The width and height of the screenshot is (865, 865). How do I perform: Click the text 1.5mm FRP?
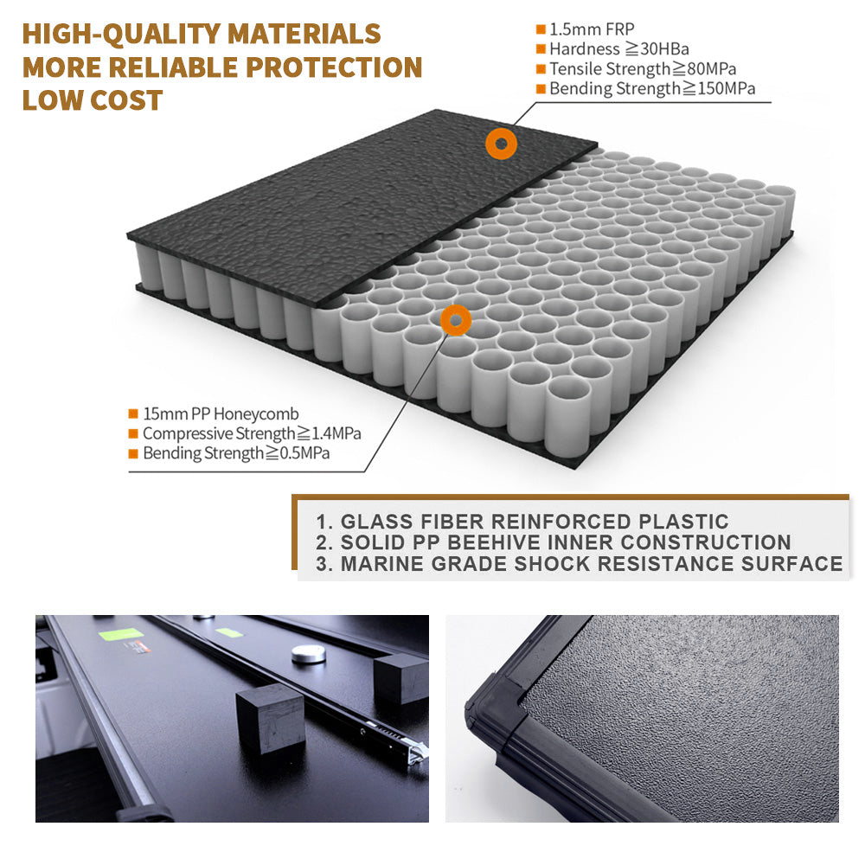[592, 29]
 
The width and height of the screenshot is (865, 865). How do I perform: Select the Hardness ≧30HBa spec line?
[619, 49]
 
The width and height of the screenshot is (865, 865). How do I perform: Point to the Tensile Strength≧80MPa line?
[643, 69]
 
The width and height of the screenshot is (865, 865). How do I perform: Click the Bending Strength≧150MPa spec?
[652, 89]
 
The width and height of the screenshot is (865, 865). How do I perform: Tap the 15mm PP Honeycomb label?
[221, 413]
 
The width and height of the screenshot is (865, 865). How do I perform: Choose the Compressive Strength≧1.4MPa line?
[252, 433]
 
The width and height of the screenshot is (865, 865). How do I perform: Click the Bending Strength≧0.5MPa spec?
[236, 453]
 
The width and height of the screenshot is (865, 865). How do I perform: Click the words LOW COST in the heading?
[93, 100]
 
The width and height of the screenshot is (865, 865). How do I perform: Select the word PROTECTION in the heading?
[334, 67]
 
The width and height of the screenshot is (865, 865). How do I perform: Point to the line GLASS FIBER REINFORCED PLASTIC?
[535, 522]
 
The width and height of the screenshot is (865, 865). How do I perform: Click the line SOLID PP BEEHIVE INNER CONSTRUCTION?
[566, 542]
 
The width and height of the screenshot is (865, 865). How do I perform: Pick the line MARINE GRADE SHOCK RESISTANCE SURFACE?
[592, 564]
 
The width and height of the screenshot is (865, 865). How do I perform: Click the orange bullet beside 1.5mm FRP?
[541, 29]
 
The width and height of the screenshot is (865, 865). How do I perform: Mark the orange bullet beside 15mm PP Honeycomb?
[133, 413]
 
